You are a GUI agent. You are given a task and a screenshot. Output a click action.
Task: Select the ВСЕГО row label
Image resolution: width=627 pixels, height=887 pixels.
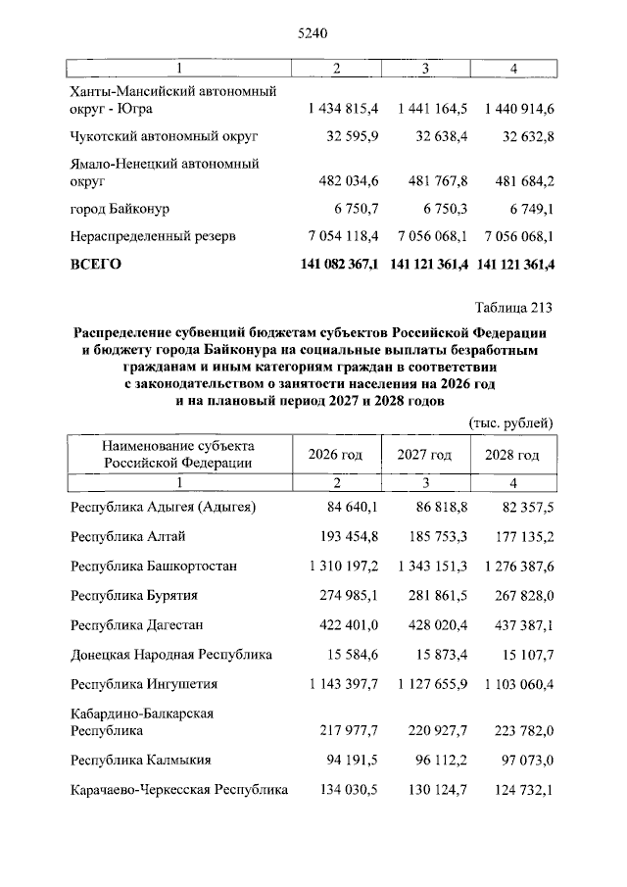tap(96, 265)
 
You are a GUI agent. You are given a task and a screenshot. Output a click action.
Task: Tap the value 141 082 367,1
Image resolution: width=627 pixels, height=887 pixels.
tap(336, 265)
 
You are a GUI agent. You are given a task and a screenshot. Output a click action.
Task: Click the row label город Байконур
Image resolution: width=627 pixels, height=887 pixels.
tap(120, 209)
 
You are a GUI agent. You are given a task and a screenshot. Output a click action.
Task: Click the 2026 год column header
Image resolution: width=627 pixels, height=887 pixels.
tap(335, 455)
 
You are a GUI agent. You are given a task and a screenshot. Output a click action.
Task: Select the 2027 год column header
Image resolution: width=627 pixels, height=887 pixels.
tap(424, 455)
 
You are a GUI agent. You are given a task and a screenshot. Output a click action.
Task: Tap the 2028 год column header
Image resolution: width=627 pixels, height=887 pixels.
tap(512, 455)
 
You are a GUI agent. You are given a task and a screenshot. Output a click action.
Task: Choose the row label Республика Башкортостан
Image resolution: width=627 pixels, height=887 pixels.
tap(154, 567)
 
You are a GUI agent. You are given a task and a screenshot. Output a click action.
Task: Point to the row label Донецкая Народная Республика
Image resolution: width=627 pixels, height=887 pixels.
tap(171, 655)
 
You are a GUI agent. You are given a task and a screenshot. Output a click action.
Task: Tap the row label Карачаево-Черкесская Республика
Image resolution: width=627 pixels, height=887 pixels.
tap(179, 789)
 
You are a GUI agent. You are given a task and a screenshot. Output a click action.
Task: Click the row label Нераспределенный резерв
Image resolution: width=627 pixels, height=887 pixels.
tap(154, 236)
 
